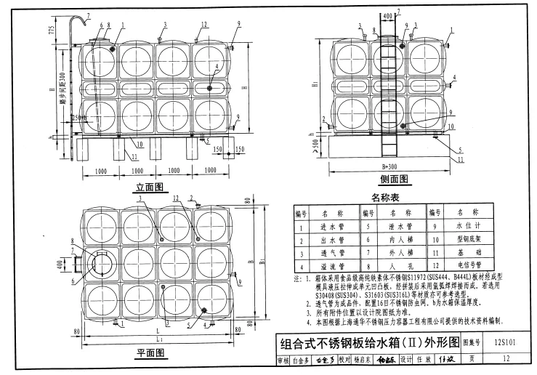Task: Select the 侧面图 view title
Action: (x=393, y=180)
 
